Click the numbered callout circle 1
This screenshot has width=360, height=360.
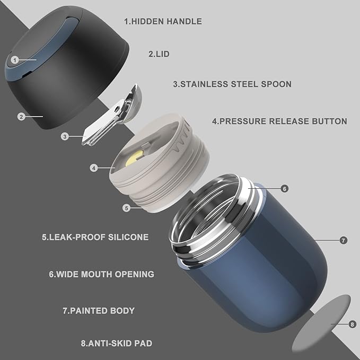(15, 60)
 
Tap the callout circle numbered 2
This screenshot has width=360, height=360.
(21, 117)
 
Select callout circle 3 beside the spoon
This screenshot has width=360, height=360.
(65, 137)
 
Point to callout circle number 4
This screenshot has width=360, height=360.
(93, 168)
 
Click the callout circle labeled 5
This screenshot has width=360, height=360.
(126, 208)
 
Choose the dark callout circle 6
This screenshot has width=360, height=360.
(285, 189)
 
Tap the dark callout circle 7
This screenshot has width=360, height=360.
(343, 240)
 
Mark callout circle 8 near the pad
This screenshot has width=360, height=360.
(352, 324)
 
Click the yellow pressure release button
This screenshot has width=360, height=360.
(134, 158)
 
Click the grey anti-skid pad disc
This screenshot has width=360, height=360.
(321, 323)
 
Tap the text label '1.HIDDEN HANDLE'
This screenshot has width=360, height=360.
(163, 21)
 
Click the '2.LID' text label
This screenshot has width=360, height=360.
(159, 54)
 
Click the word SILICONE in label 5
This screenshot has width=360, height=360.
(128, 237)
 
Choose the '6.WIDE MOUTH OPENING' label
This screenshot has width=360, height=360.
(101, 274)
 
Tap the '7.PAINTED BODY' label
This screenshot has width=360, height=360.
(99, 311)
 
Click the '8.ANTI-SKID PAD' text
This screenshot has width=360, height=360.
(117, 344)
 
